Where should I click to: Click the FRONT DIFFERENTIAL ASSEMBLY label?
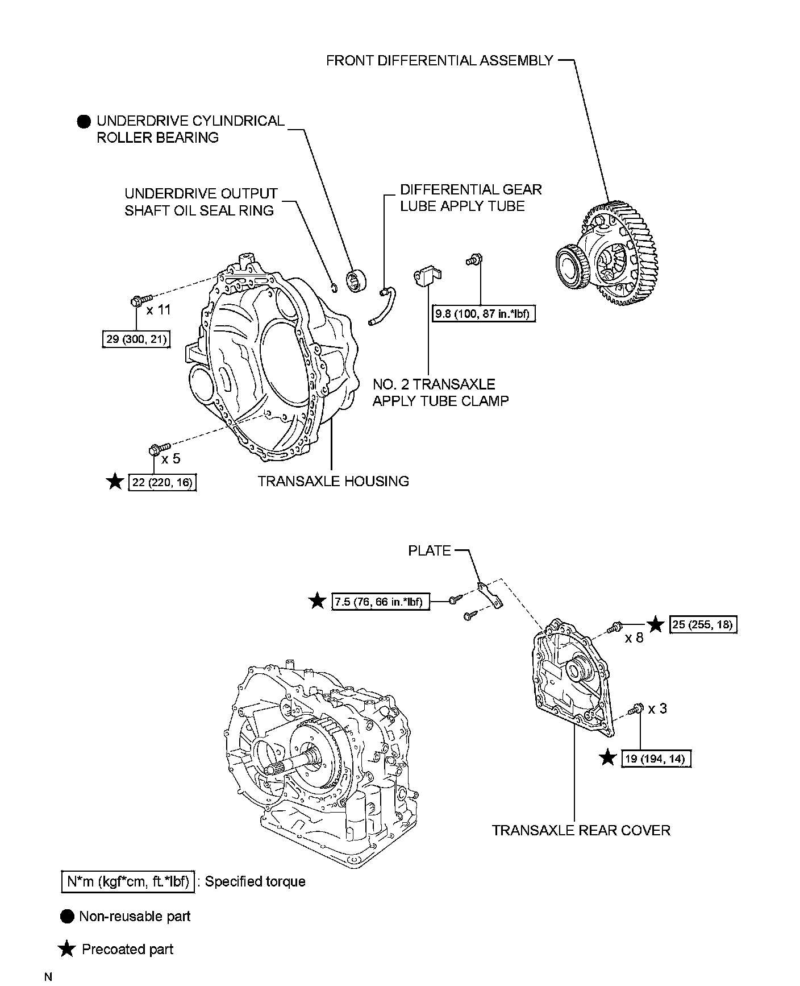(439, 60)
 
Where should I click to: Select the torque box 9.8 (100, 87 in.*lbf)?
(484, 313)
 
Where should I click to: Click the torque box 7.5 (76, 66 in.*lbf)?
(380, 601)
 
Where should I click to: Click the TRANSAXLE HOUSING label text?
(333, 481)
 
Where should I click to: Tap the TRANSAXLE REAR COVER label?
(581, 830)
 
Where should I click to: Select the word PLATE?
(429, 550)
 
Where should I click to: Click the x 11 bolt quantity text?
(159, 310)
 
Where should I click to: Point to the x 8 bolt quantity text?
(634, 637)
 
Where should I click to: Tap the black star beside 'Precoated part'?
(67, 949)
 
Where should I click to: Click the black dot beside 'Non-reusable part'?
(67, 917)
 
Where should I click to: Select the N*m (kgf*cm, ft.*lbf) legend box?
(127, 882)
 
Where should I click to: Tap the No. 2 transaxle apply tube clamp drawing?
(428, 276)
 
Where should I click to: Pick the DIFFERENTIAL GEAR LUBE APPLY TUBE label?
(470, 197)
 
